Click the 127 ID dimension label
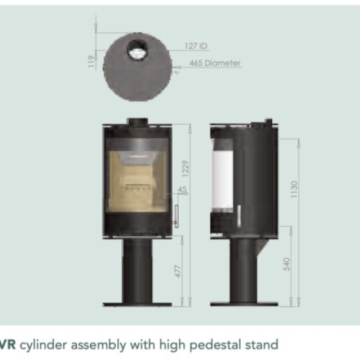(196, 46)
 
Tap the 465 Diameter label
(215, 63)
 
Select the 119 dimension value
(91, 61)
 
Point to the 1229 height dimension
(185, 169)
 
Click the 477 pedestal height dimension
(178, 271)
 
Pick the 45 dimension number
(182, 189)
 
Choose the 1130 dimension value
(294, 189)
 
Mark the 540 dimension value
(287, 264)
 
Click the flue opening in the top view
(138, 50)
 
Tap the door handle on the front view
(177, 216)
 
